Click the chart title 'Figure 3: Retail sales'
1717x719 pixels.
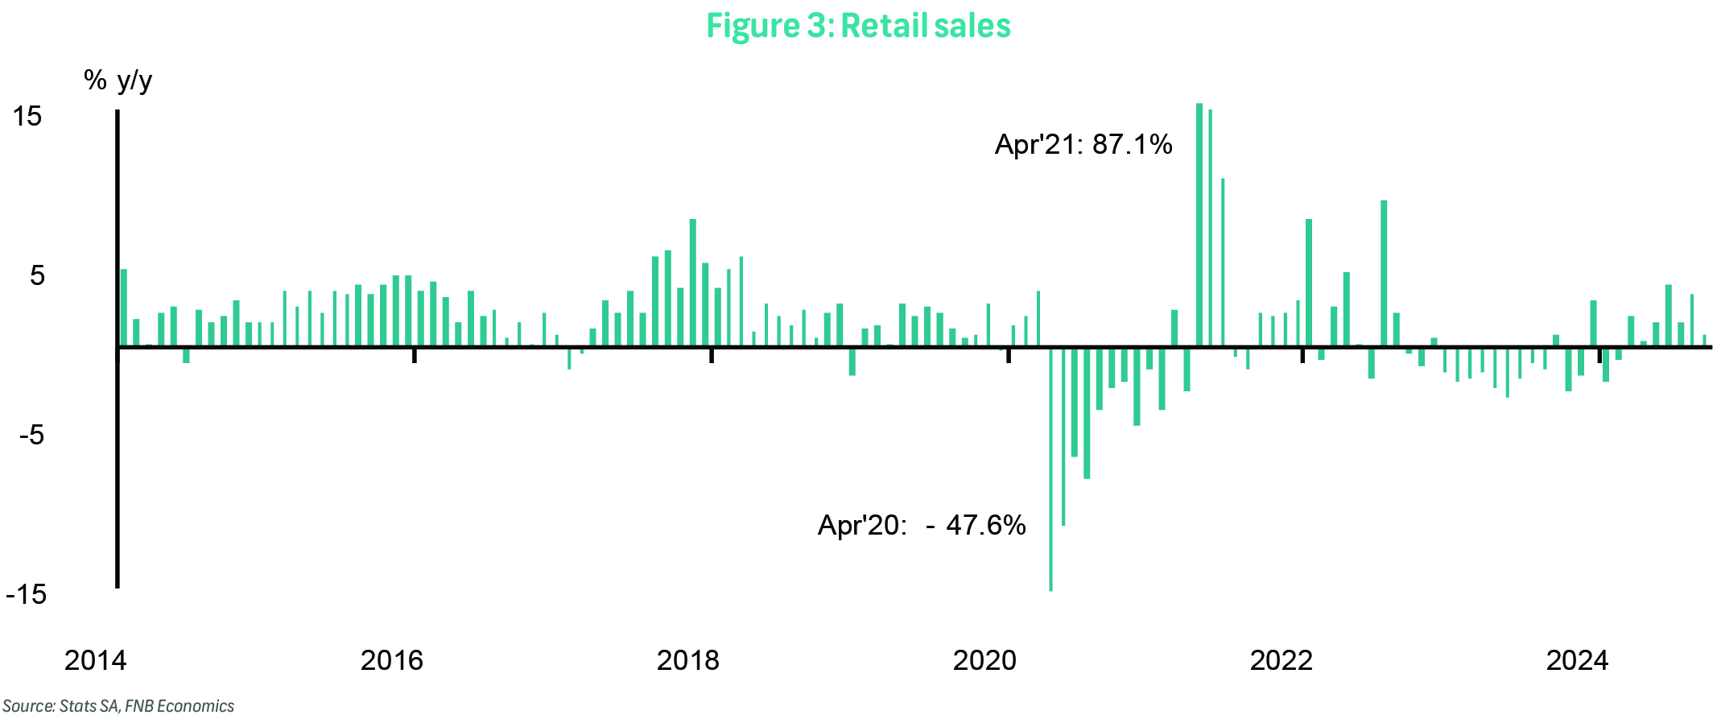pos(858,26)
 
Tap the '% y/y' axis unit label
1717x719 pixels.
pos(118,81)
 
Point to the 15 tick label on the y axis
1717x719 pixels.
pos(27,116)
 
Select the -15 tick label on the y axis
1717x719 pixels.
pos(26,595)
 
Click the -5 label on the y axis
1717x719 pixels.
pos(31,436)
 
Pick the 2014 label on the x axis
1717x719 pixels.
pos(95,660)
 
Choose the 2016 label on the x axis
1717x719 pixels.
pos(391,660)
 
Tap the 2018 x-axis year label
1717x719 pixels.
pos(687,660)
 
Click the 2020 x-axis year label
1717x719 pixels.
pos(984,660)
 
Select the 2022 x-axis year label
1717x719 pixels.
pos(1281,660)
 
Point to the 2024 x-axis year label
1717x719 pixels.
pos(1577,660)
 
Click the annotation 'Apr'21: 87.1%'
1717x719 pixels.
pos(1083,145)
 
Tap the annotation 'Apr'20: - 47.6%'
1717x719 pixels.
pos(922,526)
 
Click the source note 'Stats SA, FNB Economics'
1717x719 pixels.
pos(118,706)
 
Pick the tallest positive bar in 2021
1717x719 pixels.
pos(1199,225)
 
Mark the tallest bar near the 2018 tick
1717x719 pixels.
pos(693,283)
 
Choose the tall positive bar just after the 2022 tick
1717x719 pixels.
pos(1309,283)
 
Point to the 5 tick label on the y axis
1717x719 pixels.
pos(37,276)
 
